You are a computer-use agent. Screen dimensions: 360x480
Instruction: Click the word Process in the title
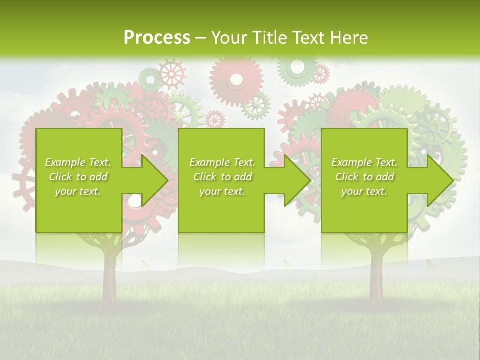[157, 38]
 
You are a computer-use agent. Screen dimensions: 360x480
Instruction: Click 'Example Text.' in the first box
[78, 162]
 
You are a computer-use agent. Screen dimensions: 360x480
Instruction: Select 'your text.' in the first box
[78, 191]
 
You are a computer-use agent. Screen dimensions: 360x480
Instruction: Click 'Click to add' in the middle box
[222, 177]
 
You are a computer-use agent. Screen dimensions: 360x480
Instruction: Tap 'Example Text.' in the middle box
[222, 162]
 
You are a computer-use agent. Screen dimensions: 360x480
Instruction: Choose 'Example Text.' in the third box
[364, 162]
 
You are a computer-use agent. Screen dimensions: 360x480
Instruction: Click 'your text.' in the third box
[364, 191]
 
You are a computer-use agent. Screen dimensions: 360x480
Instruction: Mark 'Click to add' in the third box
[364, 177]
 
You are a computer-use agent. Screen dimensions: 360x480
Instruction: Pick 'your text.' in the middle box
[222, 191]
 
